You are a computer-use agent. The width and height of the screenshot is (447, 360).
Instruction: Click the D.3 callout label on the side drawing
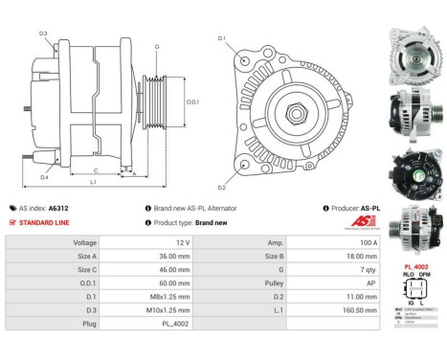(43, 34)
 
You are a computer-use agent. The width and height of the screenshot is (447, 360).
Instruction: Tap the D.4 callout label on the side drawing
(44, 177)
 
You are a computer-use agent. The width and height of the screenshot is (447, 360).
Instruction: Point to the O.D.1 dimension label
(192, 102)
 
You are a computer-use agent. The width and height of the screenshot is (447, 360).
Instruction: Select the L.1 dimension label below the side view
(92, 182)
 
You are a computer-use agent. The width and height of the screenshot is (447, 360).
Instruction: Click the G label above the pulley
(157, 47)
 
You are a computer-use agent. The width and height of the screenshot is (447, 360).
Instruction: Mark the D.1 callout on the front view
(222, 38)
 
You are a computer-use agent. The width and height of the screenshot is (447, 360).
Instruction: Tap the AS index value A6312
(59, 208)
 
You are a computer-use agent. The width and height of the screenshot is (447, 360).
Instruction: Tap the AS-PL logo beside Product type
(366, 222)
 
